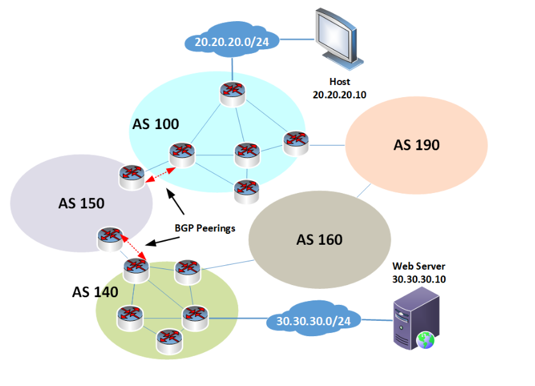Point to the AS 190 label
click(416, 145)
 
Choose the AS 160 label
click(319, 240)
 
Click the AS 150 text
click(81, 203)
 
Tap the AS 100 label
click(156, 123)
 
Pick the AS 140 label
click(95, 292)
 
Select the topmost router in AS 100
click(231, 93)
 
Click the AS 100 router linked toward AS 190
click(295, 142)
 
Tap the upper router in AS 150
click(132, 176)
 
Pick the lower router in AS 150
click(108, 239)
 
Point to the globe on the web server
click(426, 340)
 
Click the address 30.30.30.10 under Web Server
click(419, 279)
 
